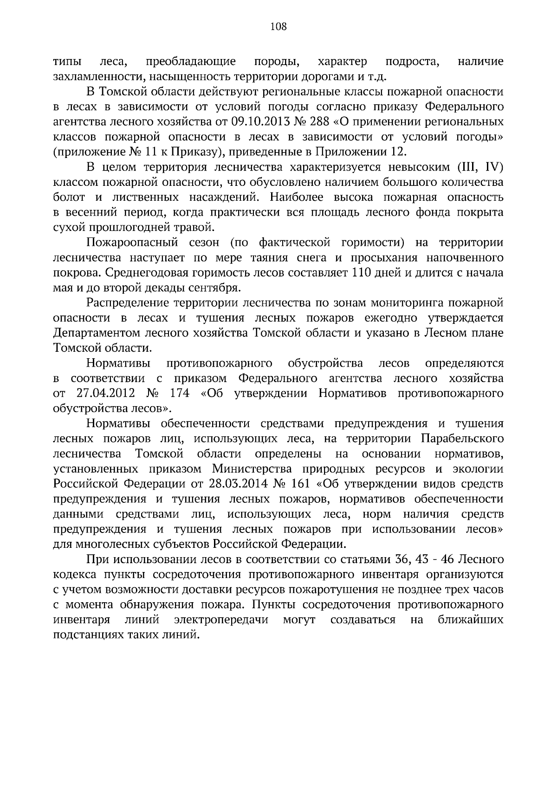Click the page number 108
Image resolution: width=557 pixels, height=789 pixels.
pos(278,26)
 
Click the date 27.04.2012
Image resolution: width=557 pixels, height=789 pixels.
pos(105,394)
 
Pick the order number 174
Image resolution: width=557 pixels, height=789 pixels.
pos(180,394)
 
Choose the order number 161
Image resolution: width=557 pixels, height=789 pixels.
pos(299,484)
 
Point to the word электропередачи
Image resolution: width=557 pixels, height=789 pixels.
pos(221,620)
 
